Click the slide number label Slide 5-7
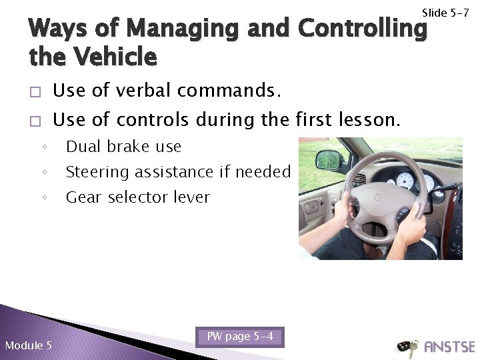[x=445, y=13]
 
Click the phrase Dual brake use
[x=124, y=146]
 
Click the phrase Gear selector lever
[x=138, y=197]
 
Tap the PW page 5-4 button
[x=241, y=337]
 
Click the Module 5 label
[x=28, y=345]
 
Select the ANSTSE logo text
[x=448, y=347]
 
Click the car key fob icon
[x=405, y=347]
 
